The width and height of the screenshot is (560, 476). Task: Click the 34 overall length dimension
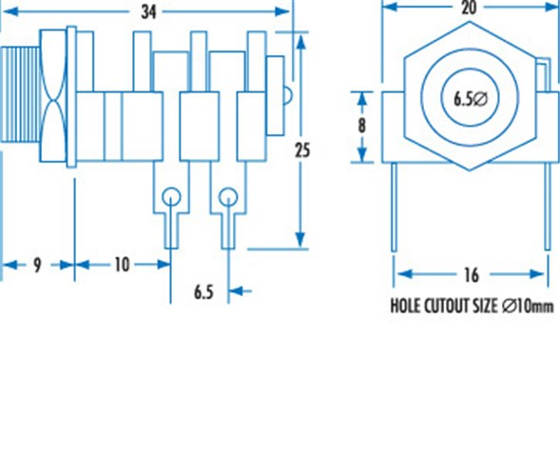click(x=148, y=12)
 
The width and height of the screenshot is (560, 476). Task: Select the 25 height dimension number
click(x=302, y=150)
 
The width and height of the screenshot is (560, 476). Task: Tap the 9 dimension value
click(x=37, y=266)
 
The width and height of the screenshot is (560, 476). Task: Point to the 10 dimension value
click(x=122, y=265)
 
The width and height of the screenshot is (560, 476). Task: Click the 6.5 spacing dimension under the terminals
click(x=203, y=292)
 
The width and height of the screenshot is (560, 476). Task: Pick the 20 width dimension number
click(x=469, y=8)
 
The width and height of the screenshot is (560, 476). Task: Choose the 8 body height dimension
click(x=362, y=126)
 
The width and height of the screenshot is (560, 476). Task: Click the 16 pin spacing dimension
click(x=472, y=275)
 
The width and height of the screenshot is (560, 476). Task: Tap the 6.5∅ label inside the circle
click(x=470, y=99)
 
